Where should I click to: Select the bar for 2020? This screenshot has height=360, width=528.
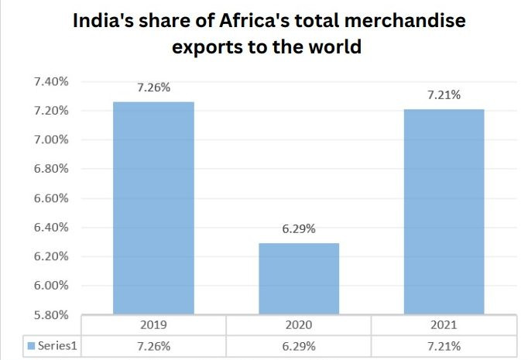click(x=298, y=279)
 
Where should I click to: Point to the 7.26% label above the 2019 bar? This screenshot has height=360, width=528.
click(x=153, y=87)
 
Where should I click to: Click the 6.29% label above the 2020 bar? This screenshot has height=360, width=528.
click(x=298, y=229)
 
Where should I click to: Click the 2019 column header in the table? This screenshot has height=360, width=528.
click(x=153, y=325)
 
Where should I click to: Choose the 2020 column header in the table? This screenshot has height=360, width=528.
click(x=298, y=325)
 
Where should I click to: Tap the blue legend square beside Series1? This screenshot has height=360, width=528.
click(x=31, y=345)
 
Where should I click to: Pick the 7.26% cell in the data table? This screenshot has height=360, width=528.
click(x=153, y=345)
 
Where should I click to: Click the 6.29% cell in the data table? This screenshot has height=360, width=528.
click(x=298, y=345)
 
